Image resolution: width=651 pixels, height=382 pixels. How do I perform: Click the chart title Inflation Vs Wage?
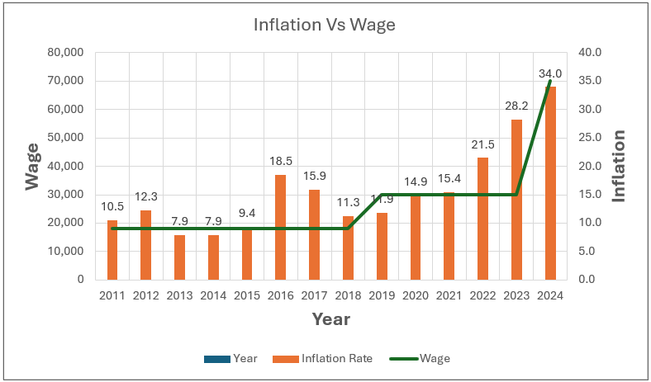325,25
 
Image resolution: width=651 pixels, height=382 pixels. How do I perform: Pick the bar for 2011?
112,249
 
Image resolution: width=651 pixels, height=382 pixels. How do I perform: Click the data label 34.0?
550,74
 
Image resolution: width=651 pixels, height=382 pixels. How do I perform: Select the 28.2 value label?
516,107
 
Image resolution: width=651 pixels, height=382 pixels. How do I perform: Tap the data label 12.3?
146,196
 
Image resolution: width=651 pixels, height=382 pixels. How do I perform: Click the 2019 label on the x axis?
382,295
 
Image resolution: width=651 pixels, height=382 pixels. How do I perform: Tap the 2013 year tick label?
180,295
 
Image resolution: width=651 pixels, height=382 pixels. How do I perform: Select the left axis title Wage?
32,166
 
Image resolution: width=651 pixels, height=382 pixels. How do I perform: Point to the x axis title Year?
330,319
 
